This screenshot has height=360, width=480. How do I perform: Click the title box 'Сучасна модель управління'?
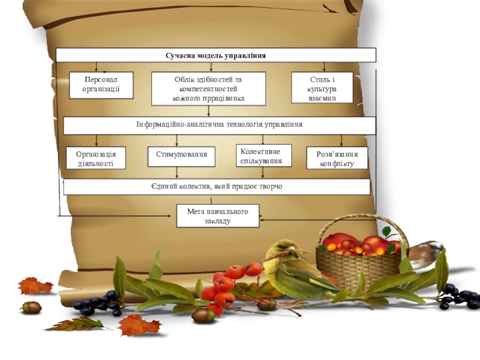[216, 55]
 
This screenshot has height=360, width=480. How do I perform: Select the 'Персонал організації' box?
[100, 85]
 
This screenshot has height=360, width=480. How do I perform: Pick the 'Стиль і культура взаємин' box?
[322, 88]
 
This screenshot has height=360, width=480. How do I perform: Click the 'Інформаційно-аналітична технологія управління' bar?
[219, 125]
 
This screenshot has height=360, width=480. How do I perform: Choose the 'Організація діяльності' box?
[96, 158]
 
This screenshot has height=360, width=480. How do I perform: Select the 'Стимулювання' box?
[181, 155]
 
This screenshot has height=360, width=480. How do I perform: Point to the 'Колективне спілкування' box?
[263, 155]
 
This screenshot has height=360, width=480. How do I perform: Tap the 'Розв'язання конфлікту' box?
[337, 158]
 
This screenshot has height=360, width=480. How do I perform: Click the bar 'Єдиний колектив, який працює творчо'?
[217, 187]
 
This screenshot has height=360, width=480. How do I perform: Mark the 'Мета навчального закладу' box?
[218, 215]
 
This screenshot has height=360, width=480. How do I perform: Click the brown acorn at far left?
[31, 307]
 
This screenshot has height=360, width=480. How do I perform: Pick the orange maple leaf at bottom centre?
[139, 326]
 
